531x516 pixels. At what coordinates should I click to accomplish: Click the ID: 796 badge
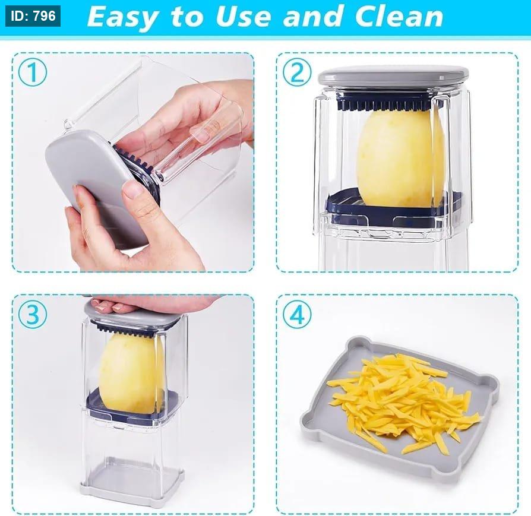point(33,16)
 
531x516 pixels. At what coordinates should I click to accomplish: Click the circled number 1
point(33,72)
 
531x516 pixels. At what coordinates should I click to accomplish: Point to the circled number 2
point(297,72)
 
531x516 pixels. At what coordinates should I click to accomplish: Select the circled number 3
point(33,315)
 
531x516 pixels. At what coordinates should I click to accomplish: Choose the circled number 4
point(297,315)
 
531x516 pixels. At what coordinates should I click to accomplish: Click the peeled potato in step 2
point(400,157)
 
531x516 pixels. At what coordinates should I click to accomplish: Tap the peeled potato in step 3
point(131,372)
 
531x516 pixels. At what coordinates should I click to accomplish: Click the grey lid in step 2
point(394,76)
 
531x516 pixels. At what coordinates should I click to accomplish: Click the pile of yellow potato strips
point(403,403)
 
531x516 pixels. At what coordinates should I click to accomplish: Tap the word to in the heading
point(187,17)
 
